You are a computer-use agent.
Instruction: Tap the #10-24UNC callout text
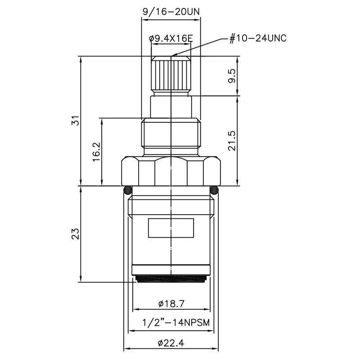click(x=258, y=38)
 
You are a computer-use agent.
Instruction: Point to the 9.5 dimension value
click(x=231, y=75)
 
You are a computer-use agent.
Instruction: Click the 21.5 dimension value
click(x=231, y=140)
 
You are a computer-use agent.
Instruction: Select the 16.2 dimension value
click(x=96, y=152)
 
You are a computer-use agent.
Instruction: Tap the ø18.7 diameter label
click(x=171, y=304)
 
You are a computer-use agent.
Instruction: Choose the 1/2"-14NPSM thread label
click(x=171, y=324)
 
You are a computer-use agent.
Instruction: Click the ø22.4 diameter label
click(x=171, y=343)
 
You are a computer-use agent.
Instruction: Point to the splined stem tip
click(x=171, y=75)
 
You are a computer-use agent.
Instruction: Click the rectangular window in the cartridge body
click(x=171, y=228)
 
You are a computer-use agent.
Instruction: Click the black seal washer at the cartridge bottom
click(x=171, y=279)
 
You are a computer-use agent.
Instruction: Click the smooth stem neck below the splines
click(x=171, y=107)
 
